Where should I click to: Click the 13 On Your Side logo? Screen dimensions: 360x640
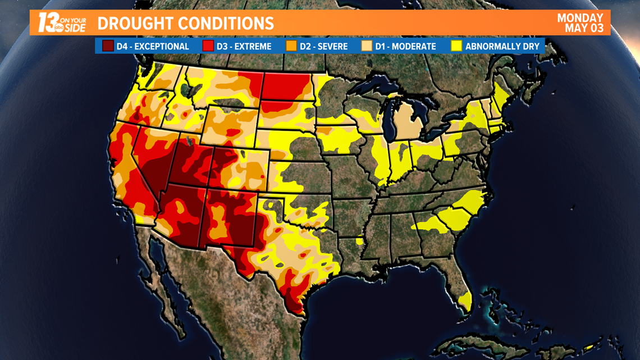pyautogui.click(x=62, y=23)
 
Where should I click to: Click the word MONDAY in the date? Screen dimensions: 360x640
pyautogui.click(x=580, y=18)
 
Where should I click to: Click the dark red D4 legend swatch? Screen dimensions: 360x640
pyautogui.click(x=108, y=46)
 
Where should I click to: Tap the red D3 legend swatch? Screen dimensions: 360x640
pyautogui.click(x=208, y=46)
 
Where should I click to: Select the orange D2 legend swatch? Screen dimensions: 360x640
pyautogui.click(x=291, y=46)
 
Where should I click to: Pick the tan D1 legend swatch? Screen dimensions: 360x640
pyautogui.click(x=367, y=46)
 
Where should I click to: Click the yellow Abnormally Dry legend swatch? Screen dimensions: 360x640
pyautogui.click(x=456, y=46)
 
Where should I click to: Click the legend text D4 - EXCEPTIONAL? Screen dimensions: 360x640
pyautogui.click(x=153, y=47)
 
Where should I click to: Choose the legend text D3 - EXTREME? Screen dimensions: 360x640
pyautogui.click(x=244, y=47)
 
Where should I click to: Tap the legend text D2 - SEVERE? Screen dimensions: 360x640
pyautogui.click(x=323, y=47)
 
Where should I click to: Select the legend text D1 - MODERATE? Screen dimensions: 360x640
pyautogui.click(x=405, y=47)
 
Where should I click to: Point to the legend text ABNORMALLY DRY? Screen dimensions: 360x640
pyautogui.click(x=502, y=47)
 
